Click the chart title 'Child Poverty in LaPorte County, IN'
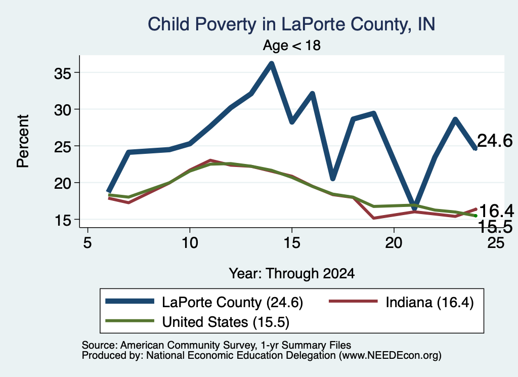click(291, 24)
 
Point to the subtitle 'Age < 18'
click(292, 45)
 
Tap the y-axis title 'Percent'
click(23, 141)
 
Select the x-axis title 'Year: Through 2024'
click(292, 274)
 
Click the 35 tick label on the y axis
click(63, 73)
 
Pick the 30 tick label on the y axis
click(63, 110)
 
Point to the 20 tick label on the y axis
click(63, 183)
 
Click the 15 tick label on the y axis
click(63, 220)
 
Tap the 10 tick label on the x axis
click(190, 243)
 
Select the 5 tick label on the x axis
click(88, 243)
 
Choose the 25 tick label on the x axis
click(496, 243)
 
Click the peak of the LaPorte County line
click(272, 63)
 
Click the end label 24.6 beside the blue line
click(495, 141)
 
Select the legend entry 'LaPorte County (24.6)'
click(204, 302)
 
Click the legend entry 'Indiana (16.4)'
click(401, 302)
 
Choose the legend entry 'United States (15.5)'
click(197, 322)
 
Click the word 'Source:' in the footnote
click(100, 345)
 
